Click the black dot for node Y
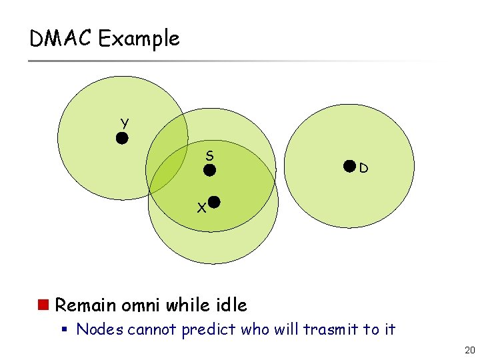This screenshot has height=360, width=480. [x=122, y=139]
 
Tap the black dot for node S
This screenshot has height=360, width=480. [x=209, y=170]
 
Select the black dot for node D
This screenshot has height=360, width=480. [x=349, y=167]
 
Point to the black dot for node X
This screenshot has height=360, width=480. [x=214, y=201]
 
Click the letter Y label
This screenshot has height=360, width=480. [x=125, y=122]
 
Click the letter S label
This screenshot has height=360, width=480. [x=209, y=155]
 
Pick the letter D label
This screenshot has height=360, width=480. [x=363, y=169]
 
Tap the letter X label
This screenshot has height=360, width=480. [x=201, y=208]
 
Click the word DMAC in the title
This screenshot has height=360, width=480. [x=61, y=39]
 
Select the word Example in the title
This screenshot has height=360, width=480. [x=139, y=39]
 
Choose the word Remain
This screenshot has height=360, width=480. [x=86, y=305]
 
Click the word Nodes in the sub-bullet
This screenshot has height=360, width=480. [x=100, y=329]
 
